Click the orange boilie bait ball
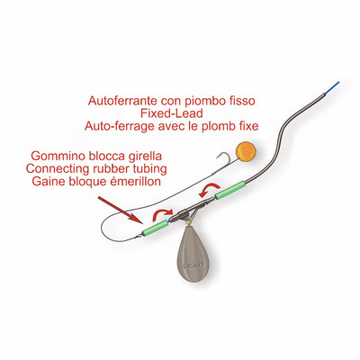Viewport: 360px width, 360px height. coord(246,151)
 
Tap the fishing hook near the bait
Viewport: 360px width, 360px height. coord(223,159)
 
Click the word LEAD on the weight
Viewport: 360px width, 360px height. coord(193,265)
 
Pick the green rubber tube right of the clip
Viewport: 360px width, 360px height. coord(230,190)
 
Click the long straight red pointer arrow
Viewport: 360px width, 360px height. coord(121,210)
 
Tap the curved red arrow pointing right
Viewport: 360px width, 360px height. coord(163,215)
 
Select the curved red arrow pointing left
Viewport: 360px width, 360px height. coord(210,191)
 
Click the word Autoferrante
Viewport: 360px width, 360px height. coord(123,101)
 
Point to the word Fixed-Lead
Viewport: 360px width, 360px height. coord(171,113)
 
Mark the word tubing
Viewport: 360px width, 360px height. coord(151,168)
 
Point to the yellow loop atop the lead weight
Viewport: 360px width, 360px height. coord(189,222)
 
